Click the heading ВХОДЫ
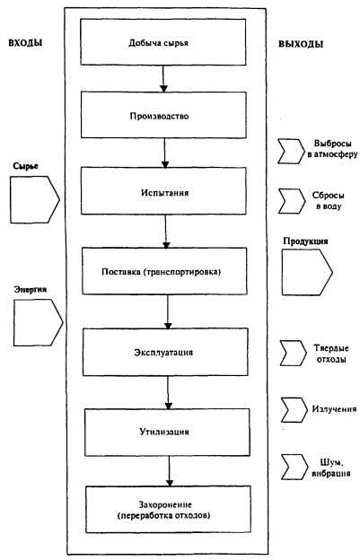[x=25, y=42]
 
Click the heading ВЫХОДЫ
[x=301, y=44]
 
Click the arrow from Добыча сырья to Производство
[x=163, y=79]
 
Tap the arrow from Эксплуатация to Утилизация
[x=168, y=392]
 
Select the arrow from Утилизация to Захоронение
[x=170, y=471]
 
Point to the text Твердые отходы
[x=331, y=354]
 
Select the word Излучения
[x=334, y=409]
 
